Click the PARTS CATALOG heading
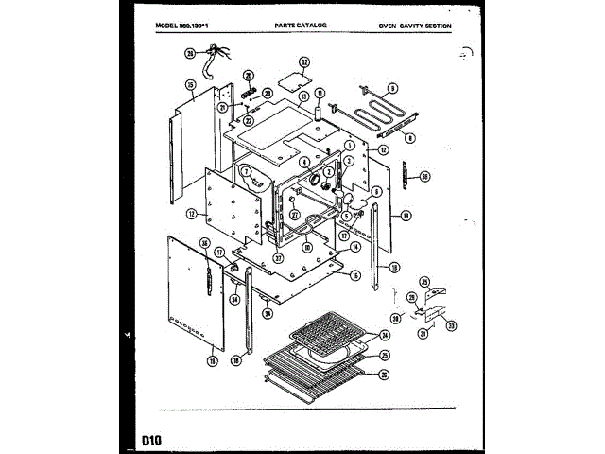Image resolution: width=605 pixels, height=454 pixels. [301, 26]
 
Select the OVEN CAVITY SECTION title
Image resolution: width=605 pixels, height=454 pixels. [414, 26]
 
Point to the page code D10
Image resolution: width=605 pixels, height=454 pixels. [152, 439]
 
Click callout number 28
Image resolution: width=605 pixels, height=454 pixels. [189, 54]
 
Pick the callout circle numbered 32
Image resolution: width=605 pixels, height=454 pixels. [304, 62]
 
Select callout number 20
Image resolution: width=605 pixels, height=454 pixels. [249, 76]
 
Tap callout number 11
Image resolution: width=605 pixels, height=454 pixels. [319, 93]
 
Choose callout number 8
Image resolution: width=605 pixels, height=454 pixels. [410, 138]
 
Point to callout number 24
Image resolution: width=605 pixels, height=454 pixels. [385, 336]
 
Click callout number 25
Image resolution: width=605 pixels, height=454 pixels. [385, 355]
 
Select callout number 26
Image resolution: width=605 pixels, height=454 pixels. [385, 374]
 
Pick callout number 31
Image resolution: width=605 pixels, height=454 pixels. [423, 333]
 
